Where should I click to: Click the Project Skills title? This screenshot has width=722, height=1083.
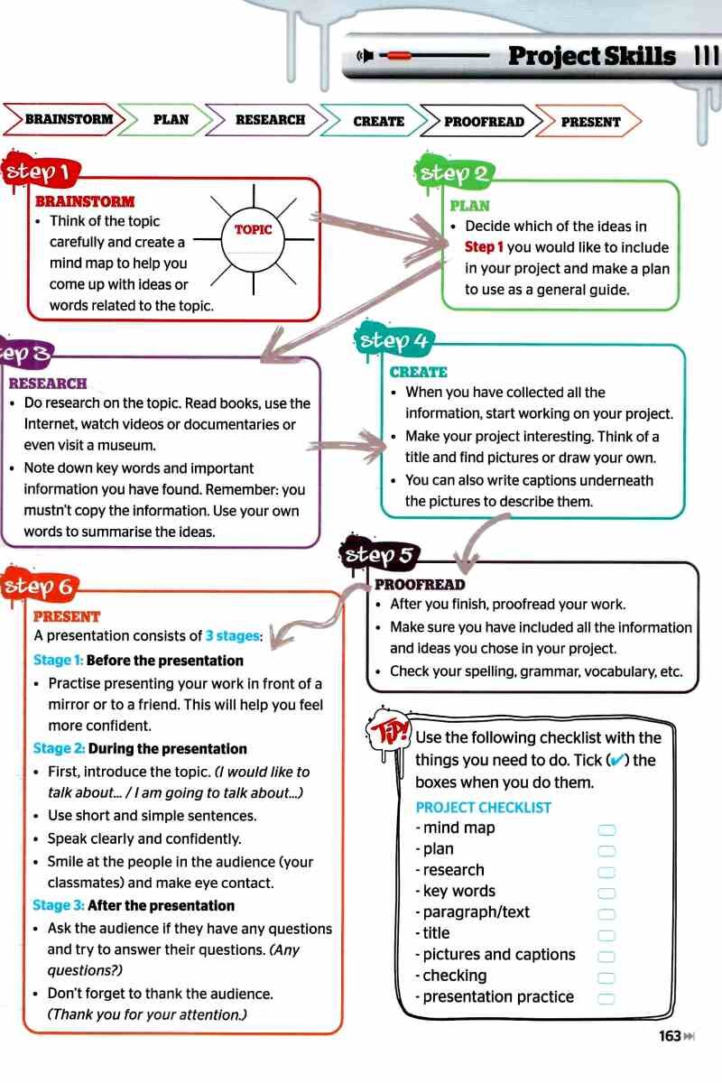point(591,56)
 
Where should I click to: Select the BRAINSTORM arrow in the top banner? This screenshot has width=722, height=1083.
point(64,119)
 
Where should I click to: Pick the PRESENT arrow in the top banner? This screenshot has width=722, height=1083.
point(589,122)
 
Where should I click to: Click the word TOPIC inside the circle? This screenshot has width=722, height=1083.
point(253,229)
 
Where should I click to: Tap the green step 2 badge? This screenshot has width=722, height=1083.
point(451,172)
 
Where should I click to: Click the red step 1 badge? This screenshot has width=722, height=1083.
point(42,171)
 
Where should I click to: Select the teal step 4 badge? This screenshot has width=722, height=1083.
point(394,340)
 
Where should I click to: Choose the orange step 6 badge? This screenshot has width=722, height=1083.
point(40,586)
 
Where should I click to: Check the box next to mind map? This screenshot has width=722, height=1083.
point(606,830)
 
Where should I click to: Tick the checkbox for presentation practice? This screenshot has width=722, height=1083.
point(606,999)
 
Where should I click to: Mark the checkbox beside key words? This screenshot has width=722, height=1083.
point(606,893)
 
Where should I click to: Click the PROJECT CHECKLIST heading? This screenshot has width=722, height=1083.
point(483,808)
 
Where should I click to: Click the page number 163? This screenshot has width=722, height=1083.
point(670,1036)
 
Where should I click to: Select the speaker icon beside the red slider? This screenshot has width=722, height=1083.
point(366,56)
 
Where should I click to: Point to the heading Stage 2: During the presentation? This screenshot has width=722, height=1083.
point(140,748)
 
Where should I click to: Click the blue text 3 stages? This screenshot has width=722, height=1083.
point(233,635)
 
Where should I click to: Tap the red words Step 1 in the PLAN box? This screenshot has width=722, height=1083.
point(484,247)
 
